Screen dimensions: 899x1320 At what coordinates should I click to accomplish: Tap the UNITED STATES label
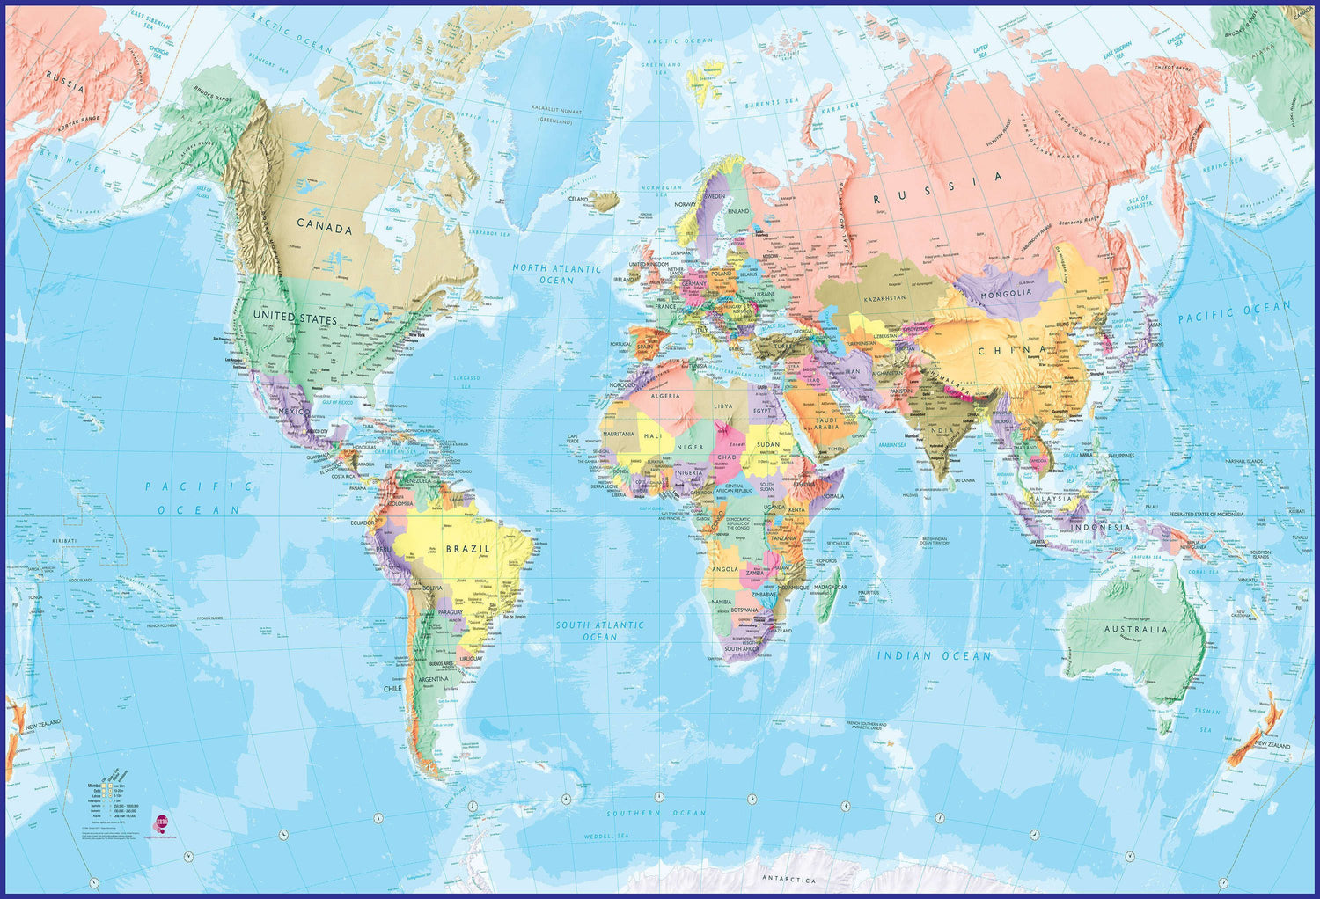coord(294,317)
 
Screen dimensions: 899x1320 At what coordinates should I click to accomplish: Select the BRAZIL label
coord(467,548)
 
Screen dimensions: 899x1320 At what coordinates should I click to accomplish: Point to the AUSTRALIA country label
coord(1136,630)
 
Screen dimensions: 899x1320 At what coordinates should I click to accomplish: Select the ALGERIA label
coord(665,396)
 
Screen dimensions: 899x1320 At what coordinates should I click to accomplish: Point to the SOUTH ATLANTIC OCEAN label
coord(599,631)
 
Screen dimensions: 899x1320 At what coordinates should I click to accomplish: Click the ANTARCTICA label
coord(788,880)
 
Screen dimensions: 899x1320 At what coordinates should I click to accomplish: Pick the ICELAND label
coord(577,200)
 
